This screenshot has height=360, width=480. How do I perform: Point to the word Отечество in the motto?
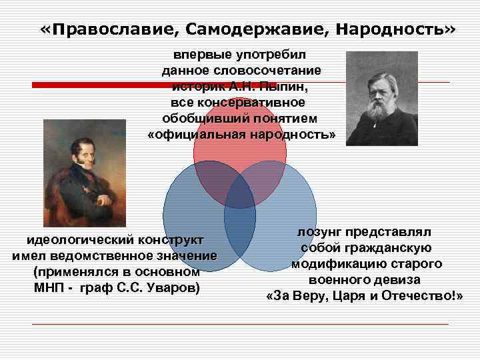421,296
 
